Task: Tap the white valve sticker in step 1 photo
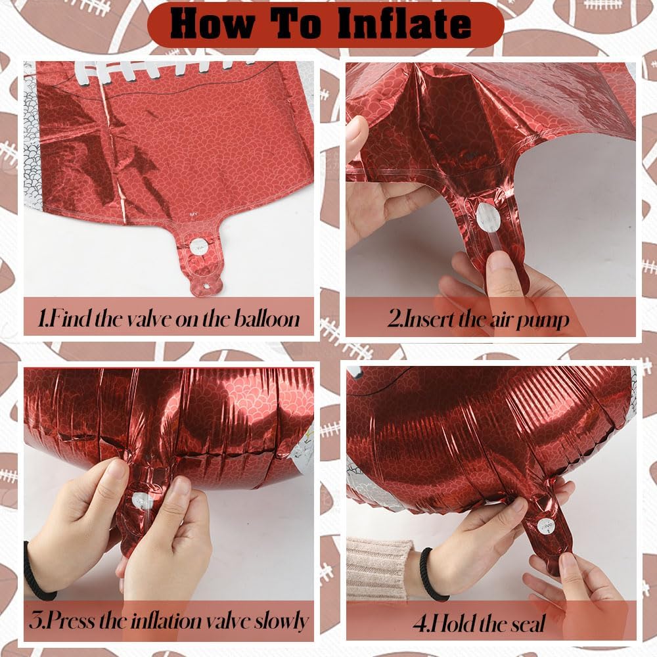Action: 198,246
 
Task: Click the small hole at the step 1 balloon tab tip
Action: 206,286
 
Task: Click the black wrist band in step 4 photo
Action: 430,575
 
